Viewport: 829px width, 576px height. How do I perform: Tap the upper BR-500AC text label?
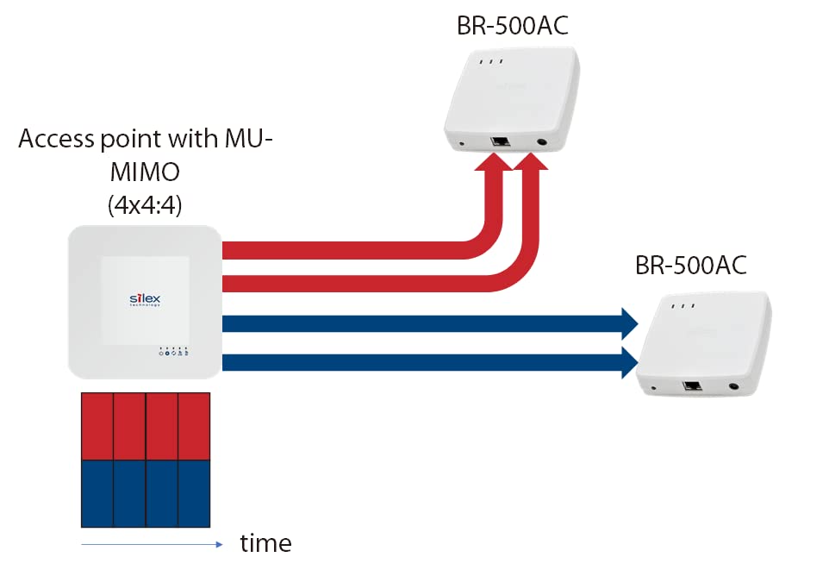[x=513, y=26]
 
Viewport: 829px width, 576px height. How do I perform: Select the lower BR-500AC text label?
[x=690, y=265]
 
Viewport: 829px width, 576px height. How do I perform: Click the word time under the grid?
[x=265, y=543]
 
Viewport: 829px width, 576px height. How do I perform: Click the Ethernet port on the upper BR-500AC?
[x=498, y=142]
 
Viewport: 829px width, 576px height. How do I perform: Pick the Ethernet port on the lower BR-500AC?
[x=690, y=387]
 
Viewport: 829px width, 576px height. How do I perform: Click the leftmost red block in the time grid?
[x=97, y=426]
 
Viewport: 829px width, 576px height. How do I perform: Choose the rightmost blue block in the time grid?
[x=194, y=493]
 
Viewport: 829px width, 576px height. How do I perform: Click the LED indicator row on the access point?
[x=174, y=353]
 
